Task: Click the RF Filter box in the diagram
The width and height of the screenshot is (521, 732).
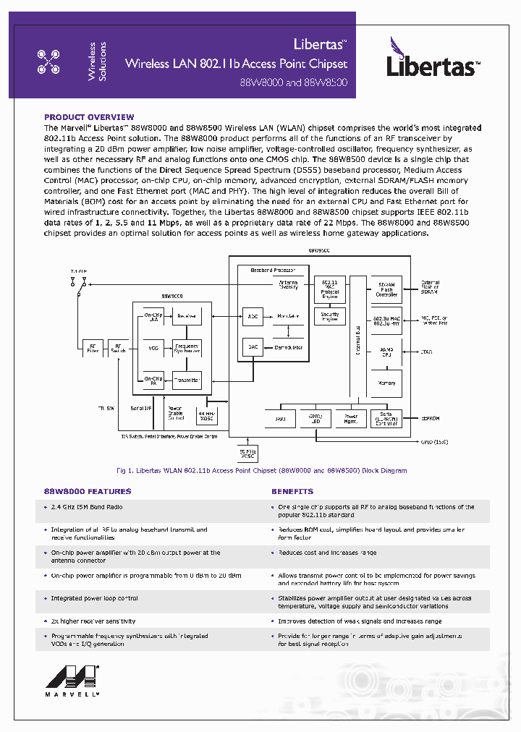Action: [x=92, y=347]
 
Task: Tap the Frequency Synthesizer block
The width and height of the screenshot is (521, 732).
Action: [x=186, y=347]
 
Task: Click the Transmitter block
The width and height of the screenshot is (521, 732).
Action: [x=186, y=380]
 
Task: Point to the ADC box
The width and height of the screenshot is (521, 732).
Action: [x=252, y=316]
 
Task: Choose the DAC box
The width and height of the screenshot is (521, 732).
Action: [x=252, y=347]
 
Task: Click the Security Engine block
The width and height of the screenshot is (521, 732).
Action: [x=329, y=317]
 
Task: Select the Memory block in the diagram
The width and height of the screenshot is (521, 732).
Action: [x=386, y=383]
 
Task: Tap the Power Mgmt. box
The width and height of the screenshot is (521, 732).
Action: [x=350, y=418]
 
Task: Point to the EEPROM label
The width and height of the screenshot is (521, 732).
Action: [x=431, y=418]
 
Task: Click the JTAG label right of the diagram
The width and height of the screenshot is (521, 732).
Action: [x=426, y=352]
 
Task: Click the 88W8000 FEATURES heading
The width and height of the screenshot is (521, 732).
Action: [x=88, y=491]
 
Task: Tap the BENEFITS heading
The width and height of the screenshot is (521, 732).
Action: [x=292, y=491]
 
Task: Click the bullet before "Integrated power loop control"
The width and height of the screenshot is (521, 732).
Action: [x=45, y=599]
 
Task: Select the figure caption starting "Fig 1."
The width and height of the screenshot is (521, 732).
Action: [x=260, y=471]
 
